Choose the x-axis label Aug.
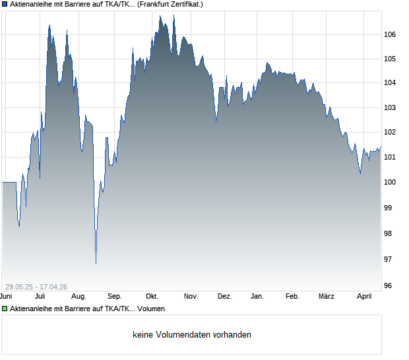tap(79, 296)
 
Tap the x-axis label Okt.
tap(152, 296)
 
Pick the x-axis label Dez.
tap(224, 296)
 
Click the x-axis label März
tap(327, 296)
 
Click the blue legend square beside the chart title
tap(5, 4)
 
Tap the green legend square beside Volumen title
tap(5, 309)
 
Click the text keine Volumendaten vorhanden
tap(192, 335)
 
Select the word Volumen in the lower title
tap(152, 309)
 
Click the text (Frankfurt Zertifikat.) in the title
tap(171, 4)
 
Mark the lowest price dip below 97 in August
tap(96, 263)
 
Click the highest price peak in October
tap(174, 15)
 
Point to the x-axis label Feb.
tap(292, 296)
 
